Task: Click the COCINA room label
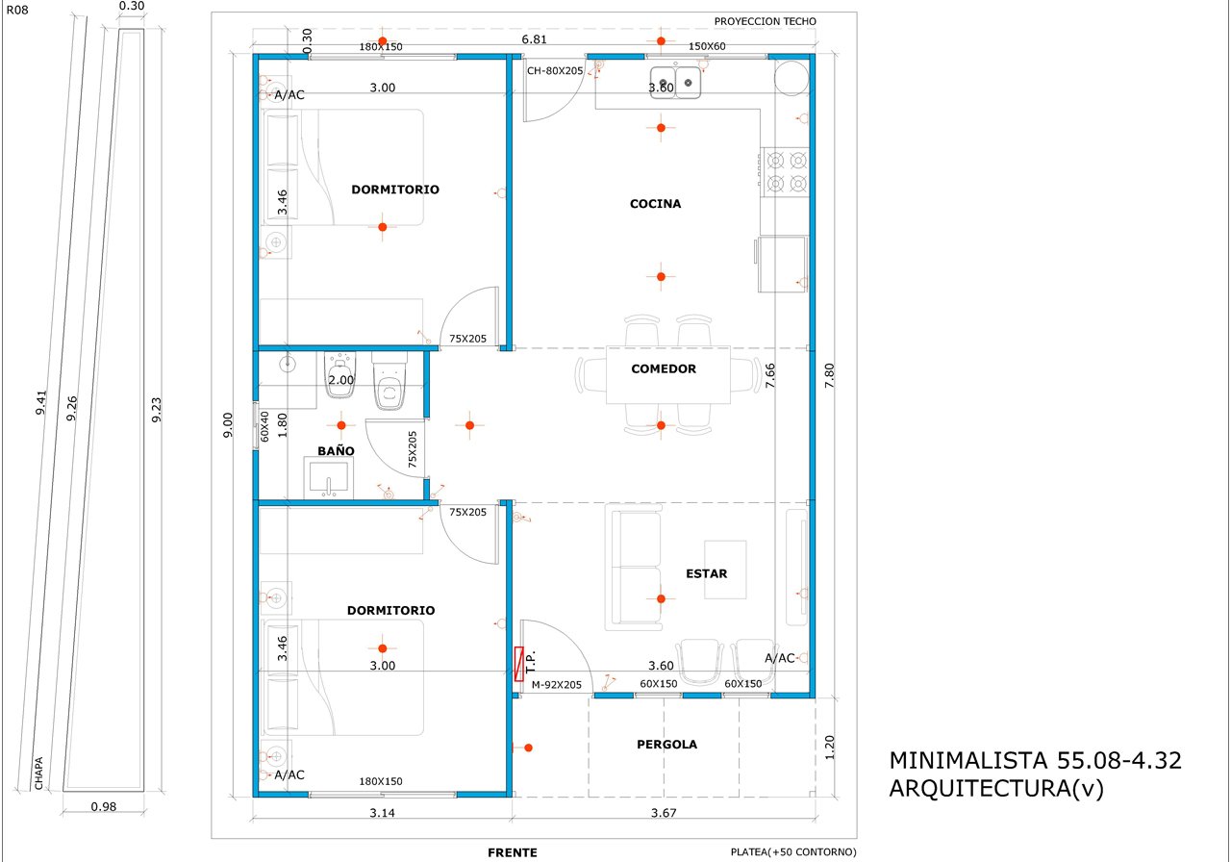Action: pos(655,204)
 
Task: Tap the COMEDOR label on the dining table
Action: pos(664,368)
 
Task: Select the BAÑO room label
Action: pos(336,451)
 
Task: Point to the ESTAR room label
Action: pos(706,574)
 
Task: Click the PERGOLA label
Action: pos(666,745)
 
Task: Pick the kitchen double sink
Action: pos(675,83)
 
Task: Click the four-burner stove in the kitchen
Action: pos(786,172)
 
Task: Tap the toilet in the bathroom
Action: pos(389,381)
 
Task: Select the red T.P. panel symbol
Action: pos(518,664)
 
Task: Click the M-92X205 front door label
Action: pos(556,685)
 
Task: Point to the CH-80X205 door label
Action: pos(555,71)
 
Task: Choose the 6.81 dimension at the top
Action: pos(534,39)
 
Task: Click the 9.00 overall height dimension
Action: pos(228,425)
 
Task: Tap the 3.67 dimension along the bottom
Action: pos(664,813)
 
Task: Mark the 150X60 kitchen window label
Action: pos(707,47)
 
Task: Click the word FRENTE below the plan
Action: pos(513,852)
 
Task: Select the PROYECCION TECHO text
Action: pos(765,21)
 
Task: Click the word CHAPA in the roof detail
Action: pos(39,773)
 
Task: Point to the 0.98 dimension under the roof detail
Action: pos(103,807)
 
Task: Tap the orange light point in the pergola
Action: pos(528,748)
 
